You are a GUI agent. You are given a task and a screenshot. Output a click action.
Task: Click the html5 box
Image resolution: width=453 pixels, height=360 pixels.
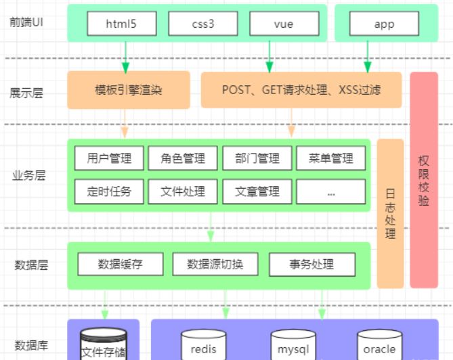click(122, 24)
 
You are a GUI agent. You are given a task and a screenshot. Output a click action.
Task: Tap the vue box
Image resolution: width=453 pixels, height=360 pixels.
click(284, 24)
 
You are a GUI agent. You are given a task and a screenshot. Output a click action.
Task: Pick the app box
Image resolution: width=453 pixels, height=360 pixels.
click(384, 24)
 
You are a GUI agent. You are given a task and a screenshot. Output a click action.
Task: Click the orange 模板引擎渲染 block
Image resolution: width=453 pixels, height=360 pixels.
click(129, 90)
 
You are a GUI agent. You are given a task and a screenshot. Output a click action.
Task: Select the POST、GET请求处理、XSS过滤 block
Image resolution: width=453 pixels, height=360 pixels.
click(301, 90)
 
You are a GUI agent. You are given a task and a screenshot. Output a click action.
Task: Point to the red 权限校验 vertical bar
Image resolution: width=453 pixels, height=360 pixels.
click(424, 180)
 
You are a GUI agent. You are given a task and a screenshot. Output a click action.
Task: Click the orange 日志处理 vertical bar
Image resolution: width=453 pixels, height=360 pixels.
click(390, 213)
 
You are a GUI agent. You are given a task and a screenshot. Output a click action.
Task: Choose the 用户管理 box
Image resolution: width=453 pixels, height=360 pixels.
click(109, 158)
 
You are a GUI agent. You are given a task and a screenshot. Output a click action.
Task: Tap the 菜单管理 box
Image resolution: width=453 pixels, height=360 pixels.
click(330, 158)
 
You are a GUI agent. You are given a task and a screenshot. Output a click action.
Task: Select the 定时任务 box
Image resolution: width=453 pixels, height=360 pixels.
click(109, 192)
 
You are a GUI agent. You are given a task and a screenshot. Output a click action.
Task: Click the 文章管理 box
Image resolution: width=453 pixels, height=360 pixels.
click(257, 192)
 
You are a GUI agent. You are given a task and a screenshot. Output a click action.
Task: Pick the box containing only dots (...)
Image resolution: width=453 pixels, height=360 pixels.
click(330, 192)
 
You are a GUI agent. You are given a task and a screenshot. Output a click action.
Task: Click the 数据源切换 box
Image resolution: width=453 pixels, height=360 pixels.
click(215, 263)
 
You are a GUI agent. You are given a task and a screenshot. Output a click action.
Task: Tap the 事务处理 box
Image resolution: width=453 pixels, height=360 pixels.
click(311, 263)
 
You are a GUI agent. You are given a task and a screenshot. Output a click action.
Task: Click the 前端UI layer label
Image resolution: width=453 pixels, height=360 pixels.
click(25, 22)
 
